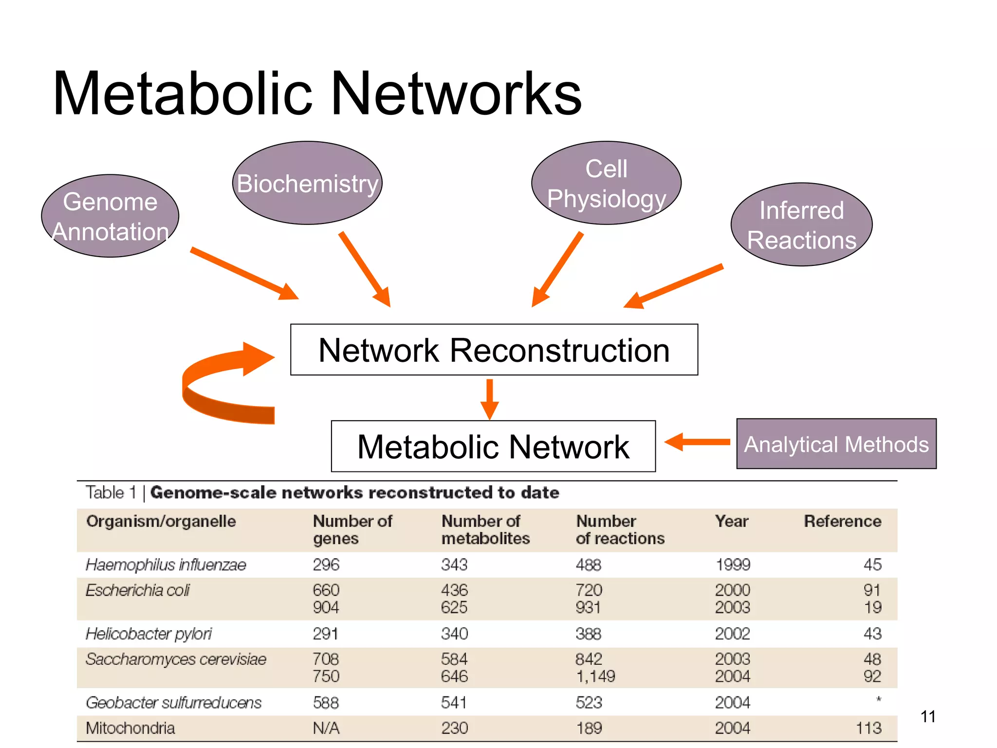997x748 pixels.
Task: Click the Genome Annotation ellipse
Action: (x=110, y=216)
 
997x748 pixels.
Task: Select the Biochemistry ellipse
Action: (x=307, y=183)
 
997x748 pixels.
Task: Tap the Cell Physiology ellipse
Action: (x=606, y=183)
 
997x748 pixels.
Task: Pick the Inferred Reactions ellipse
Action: (x=801, y=224)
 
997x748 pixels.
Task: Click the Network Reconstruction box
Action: (x=494, y=350)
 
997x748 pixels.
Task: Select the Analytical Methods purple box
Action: (x=836, y=444)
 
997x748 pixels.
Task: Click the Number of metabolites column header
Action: (x=485, y=530)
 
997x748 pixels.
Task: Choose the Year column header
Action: (x=731, y=522)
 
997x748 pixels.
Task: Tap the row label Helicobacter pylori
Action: (x=148, y=634)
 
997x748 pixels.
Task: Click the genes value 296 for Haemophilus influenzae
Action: (x=326, y=565)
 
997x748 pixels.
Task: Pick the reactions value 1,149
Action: (x=595, y=676)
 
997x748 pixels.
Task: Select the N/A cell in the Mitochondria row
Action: (x=326, y=728)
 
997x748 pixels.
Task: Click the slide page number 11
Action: (x=928, y=716)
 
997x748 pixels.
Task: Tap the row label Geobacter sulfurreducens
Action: (x=173, y=703)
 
